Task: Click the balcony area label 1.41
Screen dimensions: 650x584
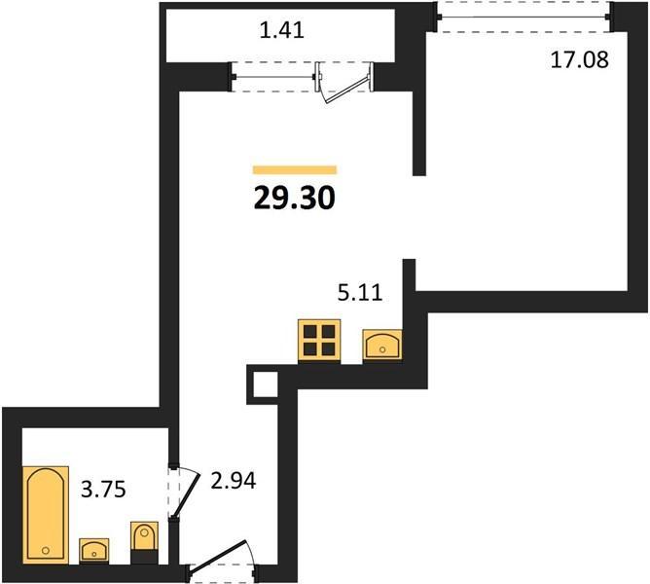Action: [x=282, y=30]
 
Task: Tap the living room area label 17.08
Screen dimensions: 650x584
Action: [x=580, y=59]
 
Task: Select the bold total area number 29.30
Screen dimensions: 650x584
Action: [x=294, y=198]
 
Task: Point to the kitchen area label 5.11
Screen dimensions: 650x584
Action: [x=360, y=293]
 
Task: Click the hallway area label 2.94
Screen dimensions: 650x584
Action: [x=234, y=481]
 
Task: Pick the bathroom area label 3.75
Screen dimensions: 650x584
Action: [x=103, y=490]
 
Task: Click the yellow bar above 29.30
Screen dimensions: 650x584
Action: [x=295, y=169]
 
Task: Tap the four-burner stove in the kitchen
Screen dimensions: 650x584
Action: [x=319, y=341]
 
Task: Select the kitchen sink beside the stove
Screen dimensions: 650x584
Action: [x=382, y=345]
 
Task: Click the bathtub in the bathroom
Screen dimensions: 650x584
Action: [x=46, y=514]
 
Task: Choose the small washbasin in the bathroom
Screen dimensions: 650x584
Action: [x=94, y=551]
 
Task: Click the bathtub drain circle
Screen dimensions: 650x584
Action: [x=46, y=550]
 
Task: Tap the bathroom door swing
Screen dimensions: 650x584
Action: [x=185, y=493]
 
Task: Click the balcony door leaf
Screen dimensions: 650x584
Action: [x=347, y=89]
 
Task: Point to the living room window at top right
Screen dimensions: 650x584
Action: [x=524, y=17]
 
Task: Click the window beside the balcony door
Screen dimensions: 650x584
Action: [x=273, y=77]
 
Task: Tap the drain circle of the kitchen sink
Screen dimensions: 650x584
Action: [x=382, y=350]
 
